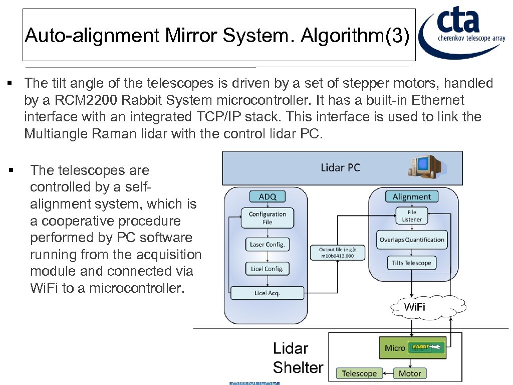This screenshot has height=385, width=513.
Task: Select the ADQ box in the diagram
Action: (267, 197)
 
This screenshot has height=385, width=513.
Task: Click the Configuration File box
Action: (267, 218)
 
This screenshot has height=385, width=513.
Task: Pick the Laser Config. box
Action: (267, 245)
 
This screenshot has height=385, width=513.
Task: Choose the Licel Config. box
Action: (267, 269)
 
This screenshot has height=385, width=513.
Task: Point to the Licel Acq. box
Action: (267, 293)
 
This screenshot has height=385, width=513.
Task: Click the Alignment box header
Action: (411, 197)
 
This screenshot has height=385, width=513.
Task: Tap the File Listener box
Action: (411, 216)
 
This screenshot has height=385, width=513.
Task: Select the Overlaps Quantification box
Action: (411, 240)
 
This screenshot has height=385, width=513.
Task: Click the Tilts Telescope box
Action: (411, 263)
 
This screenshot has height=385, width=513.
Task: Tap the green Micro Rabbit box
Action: (413, 348)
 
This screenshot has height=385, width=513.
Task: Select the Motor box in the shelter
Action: (410, 373)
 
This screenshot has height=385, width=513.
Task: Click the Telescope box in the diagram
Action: (359, 373)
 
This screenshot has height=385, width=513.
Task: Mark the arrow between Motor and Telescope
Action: (387, 373)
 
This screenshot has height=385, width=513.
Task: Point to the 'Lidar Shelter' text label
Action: (298, 358)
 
